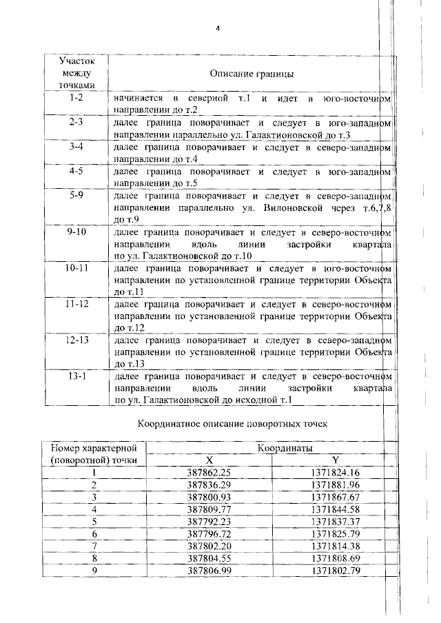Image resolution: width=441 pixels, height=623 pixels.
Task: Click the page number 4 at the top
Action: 217,28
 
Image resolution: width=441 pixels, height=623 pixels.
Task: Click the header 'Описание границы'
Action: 252,73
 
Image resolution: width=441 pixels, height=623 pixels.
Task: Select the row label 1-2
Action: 76,98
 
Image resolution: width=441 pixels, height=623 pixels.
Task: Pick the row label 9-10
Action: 76,233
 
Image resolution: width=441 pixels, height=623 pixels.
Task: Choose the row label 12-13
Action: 76,340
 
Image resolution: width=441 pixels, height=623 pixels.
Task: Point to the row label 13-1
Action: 76,376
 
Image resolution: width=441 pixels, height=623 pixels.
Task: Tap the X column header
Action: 210,460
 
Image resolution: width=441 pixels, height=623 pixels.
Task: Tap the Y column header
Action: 336,460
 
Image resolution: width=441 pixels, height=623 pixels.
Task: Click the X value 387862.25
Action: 208,472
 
